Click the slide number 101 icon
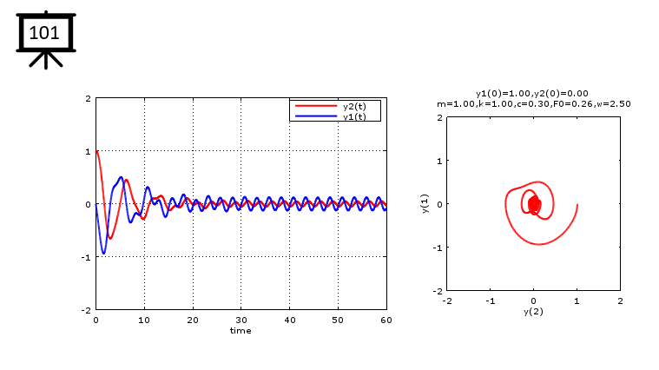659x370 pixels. tap(43, 35)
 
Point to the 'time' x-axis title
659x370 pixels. tap(241, 331)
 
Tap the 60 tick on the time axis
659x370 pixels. tap(386, 320)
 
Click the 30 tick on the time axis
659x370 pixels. tap(241, 320)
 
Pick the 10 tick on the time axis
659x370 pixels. tap(144, 320)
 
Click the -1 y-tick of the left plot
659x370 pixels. tap(88, 257)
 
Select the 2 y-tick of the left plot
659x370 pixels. tap(89, 99)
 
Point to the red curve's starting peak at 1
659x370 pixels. tap(97, 151)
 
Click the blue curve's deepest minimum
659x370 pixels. tap(104, 254)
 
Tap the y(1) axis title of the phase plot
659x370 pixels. tap(426, 203)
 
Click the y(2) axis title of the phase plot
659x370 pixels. tap(533, 311)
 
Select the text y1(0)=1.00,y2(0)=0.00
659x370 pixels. tap(533, 93)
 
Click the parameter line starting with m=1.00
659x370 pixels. tap(533, 103)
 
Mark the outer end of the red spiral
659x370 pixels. tap(577, 205)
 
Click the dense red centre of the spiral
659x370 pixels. tap(534, 205)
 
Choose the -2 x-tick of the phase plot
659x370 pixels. tap(446, 300)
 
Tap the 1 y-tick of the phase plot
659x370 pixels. tap(440, 161)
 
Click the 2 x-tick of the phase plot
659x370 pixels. tap(620, 300)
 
